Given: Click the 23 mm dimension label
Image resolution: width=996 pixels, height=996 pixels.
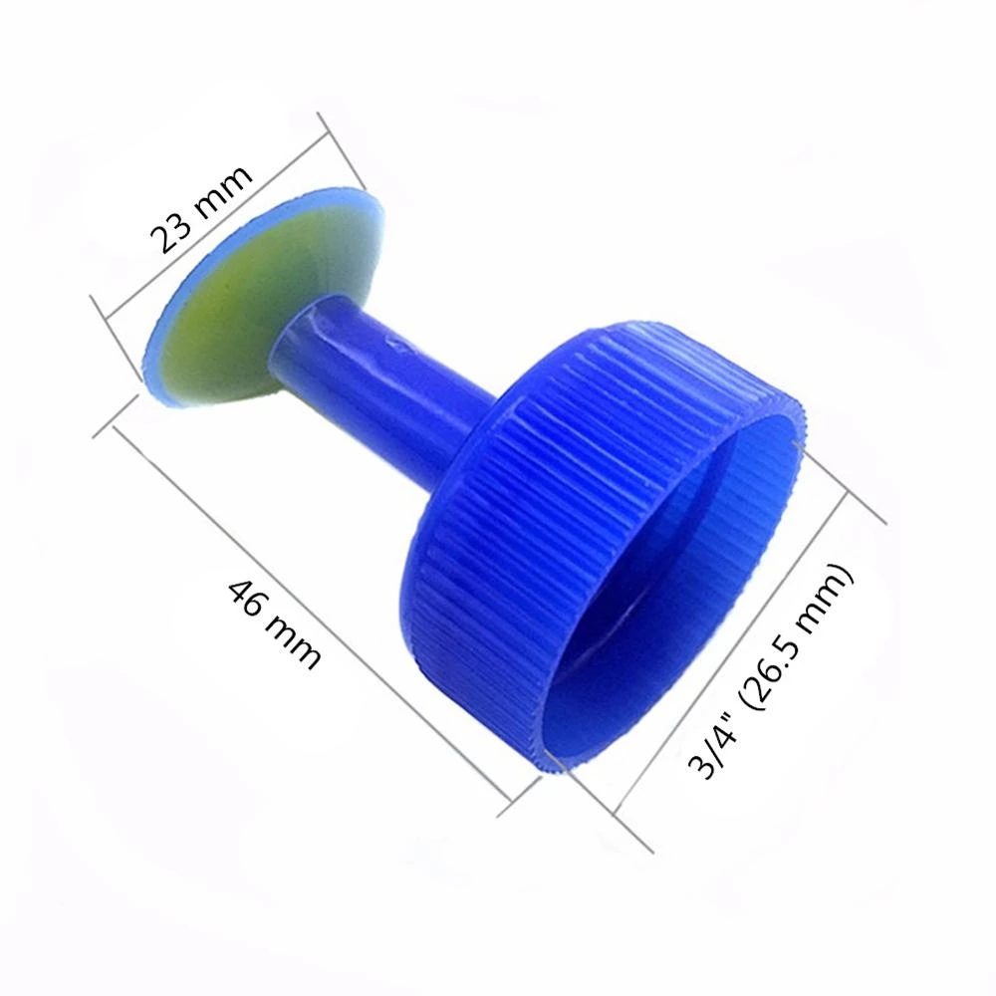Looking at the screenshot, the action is point(201,208).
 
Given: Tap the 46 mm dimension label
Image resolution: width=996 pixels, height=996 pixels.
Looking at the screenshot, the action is point(275,623).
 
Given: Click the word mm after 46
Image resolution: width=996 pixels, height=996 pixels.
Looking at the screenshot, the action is point(294,642).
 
